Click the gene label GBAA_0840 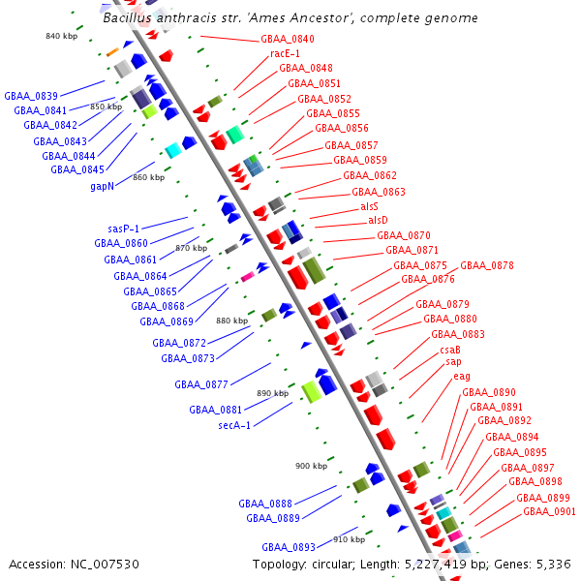[x=288, y=39]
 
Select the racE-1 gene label [x=285, y=53]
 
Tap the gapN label [x=103, y=186]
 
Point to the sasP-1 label [x=123, y=229]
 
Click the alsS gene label [x=370, y=206]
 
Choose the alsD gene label [x=378, y=220]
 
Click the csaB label [x=450, y=350]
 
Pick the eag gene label [x=462, y=377]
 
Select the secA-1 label [x=234, y=425]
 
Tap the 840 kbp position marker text [x=62, y=36]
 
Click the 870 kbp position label [x=191, y=248]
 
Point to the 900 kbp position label [x=311, y=466]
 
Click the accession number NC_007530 [x=105, y=565]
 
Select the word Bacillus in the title [x=128, y=17]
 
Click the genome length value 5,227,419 [x=436, y=565]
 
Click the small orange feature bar [x=112, y=52]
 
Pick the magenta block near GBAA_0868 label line [x=248, y=277]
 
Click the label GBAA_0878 [x=487, y=265]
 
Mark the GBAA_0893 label [x=289, y=547]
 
